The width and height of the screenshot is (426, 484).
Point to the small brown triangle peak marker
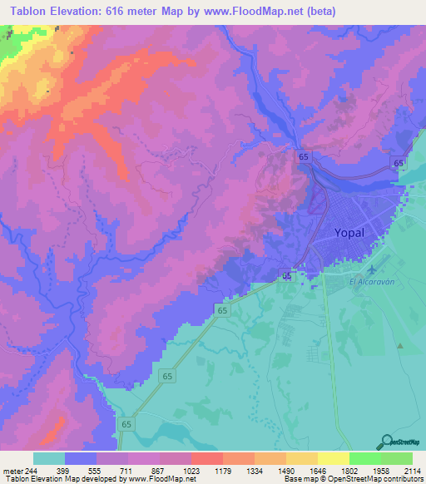[x=400, y=344]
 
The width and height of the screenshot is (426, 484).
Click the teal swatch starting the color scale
[x=49, y=458]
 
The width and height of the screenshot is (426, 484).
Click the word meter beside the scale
[x=9, y=472]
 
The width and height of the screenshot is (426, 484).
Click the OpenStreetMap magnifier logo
[x=387, y=442]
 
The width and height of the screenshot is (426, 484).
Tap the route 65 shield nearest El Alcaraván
[x=286, y=275]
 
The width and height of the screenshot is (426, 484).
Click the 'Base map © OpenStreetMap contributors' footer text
[x=352, y=480]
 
